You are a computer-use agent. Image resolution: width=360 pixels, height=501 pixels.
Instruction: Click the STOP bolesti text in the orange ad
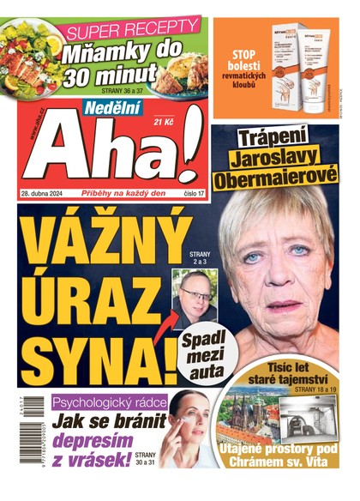pyautogui.click(x=244, y=63)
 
